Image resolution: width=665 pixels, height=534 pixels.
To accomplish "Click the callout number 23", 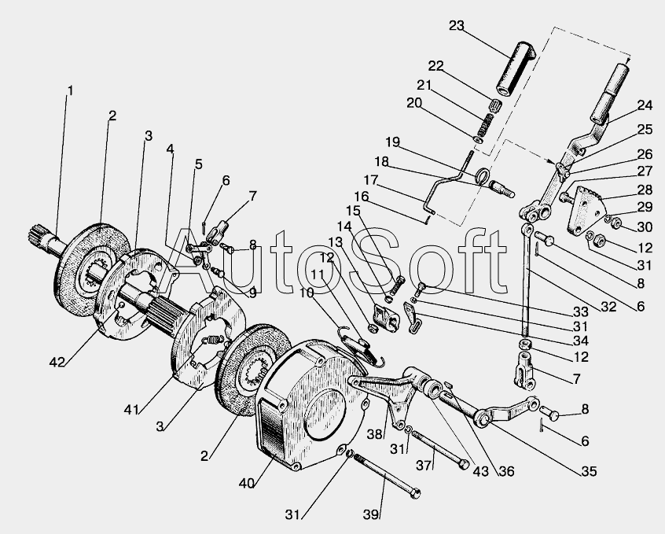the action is [x=457, y=26].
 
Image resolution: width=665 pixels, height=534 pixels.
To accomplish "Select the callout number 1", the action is [x=71, y=90].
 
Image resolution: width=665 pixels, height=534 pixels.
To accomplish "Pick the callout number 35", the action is [x=589, y=471].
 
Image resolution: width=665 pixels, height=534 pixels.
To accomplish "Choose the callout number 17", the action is [x=371, y=179].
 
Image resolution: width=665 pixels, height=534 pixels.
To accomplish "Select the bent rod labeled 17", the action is [x=445, y=185].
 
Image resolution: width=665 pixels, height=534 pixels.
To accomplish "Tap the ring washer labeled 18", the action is [x=483, y=175].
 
